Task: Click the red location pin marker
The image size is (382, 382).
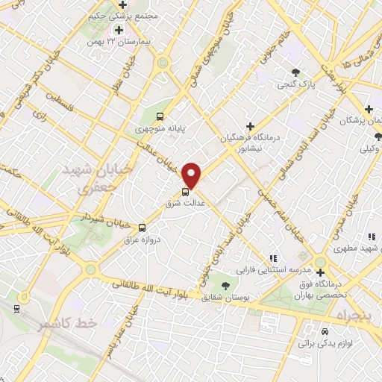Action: pyautogui.click(x=192, y=175)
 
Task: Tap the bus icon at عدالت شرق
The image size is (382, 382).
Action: pyautogui.click(x=186, y=191)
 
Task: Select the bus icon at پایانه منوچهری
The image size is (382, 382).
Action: pyautogui.click(x=160, y=116)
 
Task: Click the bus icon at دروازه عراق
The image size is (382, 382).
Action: pyautogui.click(x=142, y=228)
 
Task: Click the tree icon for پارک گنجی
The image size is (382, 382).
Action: pyautogui.click(x=296, y=72)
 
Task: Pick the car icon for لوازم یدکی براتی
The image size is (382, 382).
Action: pyautogui.click(x=325, y=331)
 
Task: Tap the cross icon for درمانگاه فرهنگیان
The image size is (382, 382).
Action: pyautogui.click(x=251, y=126)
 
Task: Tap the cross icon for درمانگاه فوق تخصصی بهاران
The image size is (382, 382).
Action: pyautogui.click(x=321, y=261)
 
